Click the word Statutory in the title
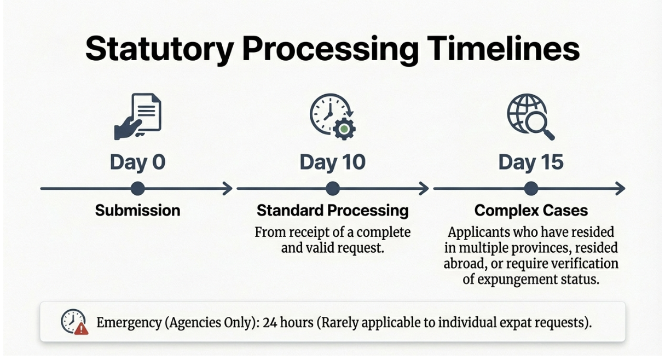point(159,49)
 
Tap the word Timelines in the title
point(504,48)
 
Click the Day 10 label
point(333,162)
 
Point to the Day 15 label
point(531,162)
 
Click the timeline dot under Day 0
point(138,189)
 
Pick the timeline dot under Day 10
point(333,189)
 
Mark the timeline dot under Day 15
point(531,189)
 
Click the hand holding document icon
point(138,117)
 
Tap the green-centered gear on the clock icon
point(344,129)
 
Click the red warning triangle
point(81,329)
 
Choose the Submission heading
point(138,210)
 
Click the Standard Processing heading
point(333,211)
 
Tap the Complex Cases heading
point(531,210)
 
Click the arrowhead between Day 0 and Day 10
point(228,189)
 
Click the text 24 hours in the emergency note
point(288,323)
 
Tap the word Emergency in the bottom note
point(129,323)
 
